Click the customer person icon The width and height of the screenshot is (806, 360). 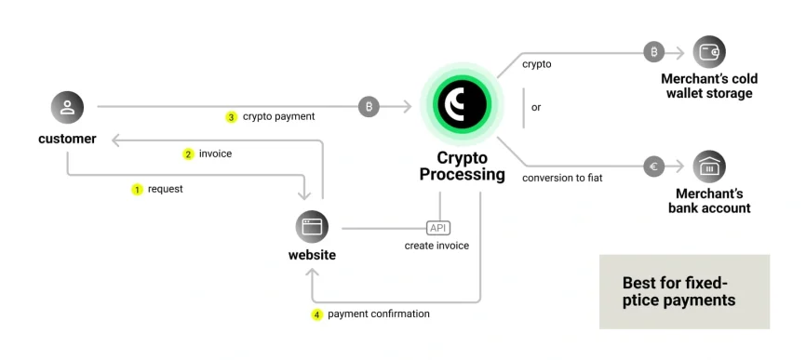[67, 107]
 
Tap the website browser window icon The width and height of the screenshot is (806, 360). [312, 227]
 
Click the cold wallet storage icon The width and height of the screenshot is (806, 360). [709, 52]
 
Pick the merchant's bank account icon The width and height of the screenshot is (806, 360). [709, 167]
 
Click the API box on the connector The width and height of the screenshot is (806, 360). [437, 228]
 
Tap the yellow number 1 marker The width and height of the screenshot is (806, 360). [137, 189]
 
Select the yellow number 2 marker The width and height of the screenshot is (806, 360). [188, 153]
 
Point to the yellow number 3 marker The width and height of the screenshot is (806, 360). [231, 117]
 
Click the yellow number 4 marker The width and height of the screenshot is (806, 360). [316, 314]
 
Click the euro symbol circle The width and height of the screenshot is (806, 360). [654, 167]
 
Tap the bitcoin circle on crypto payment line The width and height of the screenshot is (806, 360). [369, 107]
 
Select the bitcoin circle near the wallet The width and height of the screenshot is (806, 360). [654, 52]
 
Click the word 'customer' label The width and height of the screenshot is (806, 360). [67, 139]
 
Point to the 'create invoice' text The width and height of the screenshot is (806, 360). [437, 246]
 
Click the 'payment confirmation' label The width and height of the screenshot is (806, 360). [379, 314]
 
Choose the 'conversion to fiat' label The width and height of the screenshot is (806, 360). [562, 178]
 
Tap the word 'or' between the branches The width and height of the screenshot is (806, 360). [536, 107]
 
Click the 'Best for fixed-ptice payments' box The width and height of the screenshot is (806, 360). [684, 291]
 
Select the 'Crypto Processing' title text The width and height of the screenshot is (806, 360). [462, 167]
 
